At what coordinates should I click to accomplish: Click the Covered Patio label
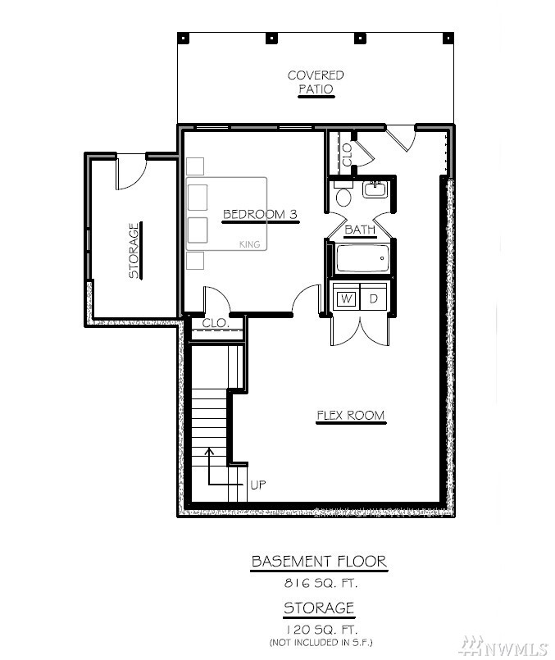tap(316, 82)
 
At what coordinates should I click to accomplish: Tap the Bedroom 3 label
tap(260, 214)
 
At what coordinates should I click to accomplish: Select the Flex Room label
tap(351, 416)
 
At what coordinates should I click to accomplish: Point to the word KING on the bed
tap(249, 244)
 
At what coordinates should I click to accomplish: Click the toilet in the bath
tap(343, 194)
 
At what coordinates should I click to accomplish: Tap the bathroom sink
tap(375, 189)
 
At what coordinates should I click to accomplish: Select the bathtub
tap(362, 258)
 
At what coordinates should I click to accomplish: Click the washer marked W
tap(346, 299)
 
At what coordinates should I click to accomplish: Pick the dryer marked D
tap(373, 298)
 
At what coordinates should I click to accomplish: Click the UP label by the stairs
tap(258, 485)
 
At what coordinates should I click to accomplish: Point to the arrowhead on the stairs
tap(209, 451)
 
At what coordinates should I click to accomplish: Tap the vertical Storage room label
tap(134, 251)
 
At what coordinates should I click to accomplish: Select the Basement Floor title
tap(319, 561)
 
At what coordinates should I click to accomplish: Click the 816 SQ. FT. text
tap(321, 583)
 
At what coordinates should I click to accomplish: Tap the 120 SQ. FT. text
tap(321, 630)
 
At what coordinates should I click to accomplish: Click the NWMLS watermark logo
tap(503, 646)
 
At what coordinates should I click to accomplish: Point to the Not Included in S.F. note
tap(321, 642)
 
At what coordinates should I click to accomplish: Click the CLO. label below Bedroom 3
tap(216, 323)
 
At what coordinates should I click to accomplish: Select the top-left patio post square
tap(184, 38)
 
